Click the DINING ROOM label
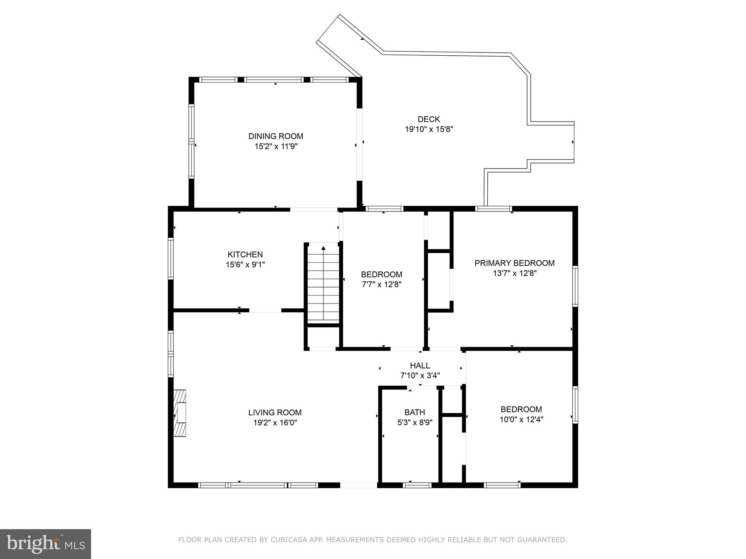pos(275,136)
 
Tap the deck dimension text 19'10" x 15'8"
pos(429,129)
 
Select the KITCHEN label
pos(245,254)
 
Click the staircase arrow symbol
pos(323,248)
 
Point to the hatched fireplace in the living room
pos(180,413)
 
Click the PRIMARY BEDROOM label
pos(514,263)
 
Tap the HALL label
pos(420,365)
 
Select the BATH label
pos(415,412)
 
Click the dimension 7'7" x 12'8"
pos(381,285)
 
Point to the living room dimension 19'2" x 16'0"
pos(275,423)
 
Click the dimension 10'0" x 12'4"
pos(521,420)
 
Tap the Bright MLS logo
pos(46,544)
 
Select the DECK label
pos(429,119)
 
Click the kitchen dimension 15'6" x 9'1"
pos(245,265)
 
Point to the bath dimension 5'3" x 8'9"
pos(415,423)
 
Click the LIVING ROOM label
pos(275,412)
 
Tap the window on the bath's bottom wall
pos(417,485)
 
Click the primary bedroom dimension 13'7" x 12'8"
pos(514,273)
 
